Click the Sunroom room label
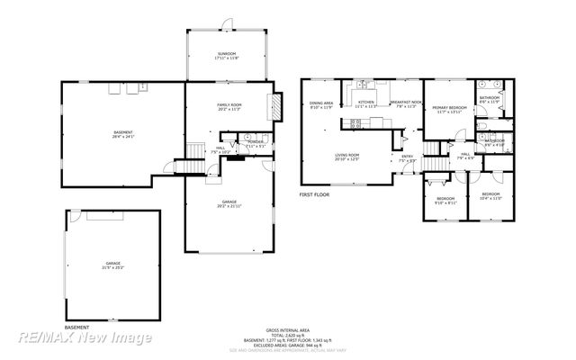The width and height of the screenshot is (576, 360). tap(226, 56)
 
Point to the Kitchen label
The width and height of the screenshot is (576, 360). tap(366, 104)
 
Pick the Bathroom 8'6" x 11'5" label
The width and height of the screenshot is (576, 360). tap(490, 99)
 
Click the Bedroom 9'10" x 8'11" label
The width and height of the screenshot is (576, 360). tap(445, 201)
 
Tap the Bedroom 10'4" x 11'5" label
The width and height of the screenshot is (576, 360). tap(490, 196)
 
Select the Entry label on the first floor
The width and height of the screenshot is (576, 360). tap(407, 158)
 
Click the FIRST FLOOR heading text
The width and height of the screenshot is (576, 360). tap(315, 193)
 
